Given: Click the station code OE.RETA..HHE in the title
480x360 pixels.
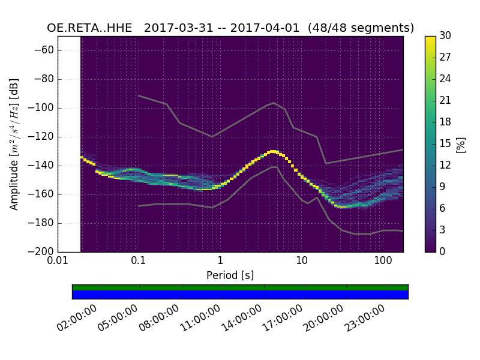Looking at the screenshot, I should pos(89,28).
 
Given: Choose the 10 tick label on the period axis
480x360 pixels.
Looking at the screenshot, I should pos(302,261).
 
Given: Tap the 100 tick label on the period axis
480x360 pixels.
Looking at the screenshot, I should pos(383,261).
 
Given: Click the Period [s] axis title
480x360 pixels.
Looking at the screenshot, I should pos(230,275).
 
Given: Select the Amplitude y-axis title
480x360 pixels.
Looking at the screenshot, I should pos(14,144).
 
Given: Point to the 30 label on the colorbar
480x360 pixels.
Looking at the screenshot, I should pos(445,36).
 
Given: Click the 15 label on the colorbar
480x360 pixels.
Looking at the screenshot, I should pos(445,144).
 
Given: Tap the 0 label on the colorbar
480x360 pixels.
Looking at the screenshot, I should pos(443,251).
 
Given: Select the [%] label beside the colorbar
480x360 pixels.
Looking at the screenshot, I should pos(461,144).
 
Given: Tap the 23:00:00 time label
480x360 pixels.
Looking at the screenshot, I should pos(365,318).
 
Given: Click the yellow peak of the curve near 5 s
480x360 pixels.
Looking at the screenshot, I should pos(273,151).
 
